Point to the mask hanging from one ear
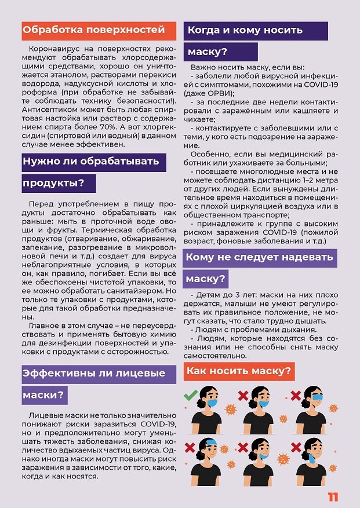312,458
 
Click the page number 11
333,498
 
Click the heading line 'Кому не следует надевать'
259,257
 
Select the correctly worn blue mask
213,403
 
